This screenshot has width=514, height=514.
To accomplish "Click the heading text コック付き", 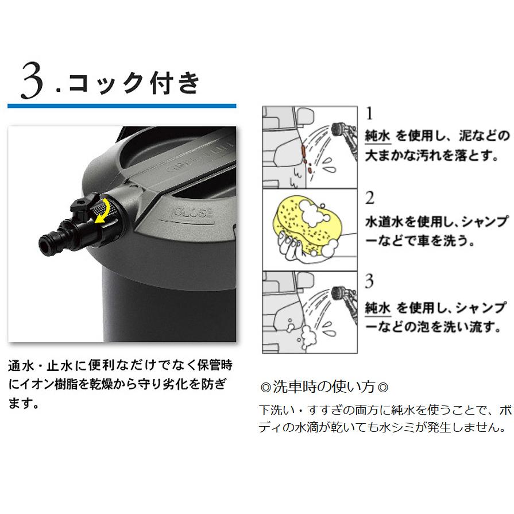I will point(133,82).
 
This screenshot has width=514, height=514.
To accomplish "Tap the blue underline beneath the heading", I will point(121,106).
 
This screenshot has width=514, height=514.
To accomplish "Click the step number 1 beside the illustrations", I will point(370,112).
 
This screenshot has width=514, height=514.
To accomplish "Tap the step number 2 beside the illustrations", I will point(370,198).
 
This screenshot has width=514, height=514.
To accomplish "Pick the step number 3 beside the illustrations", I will point(370,282).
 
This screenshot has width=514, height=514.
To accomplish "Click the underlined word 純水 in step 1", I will point(378,136).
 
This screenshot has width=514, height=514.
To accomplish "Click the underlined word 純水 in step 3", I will point(378,307).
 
